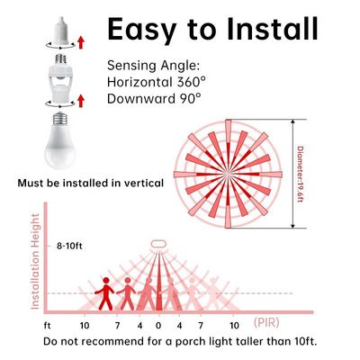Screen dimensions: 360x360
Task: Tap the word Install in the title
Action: pyautogui.click(x=270, y=31)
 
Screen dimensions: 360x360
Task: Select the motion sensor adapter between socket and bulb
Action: pyautogui.click(x=59, y=85)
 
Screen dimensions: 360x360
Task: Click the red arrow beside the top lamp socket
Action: pyautogui.click(x=81, y=41)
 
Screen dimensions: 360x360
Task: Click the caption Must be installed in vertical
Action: pyautogui.click(x=91, y=183)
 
